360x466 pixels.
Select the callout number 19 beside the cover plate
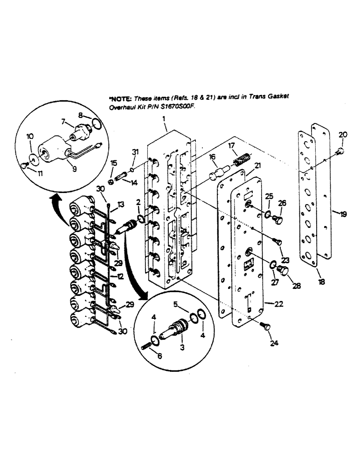click(343, 214)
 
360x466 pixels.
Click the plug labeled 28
click(283, 271)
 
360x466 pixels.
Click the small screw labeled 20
click(340, 151)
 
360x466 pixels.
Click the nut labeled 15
click(111, 181)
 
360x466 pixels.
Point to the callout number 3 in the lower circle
click(182, 347)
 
